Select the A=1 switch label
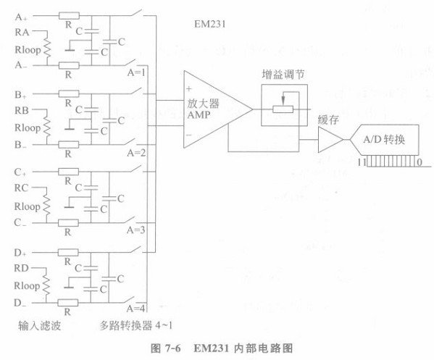pyautogui.click(x=136, y=72)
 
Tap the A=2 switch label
pyautogui.click(x=136, y=153)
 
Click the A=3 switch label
pyautogui.click(x=136, y=230)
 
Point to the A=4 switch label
pyautogui.click(x=136, y=308)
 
